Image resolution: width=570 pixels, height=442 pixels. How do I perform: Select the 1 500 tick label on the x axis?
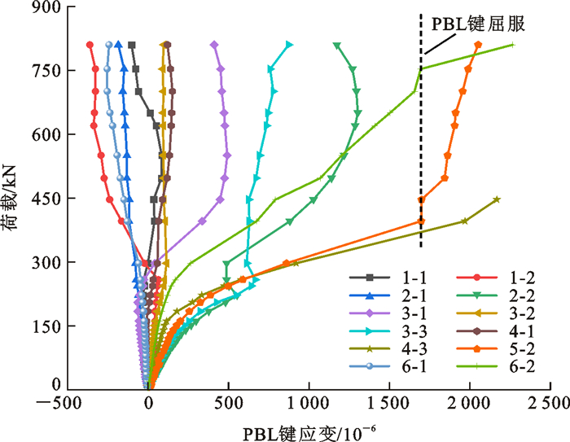388,403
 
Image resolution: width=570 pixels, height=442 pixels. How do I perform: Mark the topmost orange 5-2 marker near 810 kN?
478,45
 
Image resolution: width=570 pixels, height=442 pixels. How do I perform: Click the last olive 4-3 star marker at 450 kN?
497,199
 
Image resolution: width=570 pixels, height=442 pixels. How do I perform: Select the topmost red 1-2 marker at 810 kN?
90,45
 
